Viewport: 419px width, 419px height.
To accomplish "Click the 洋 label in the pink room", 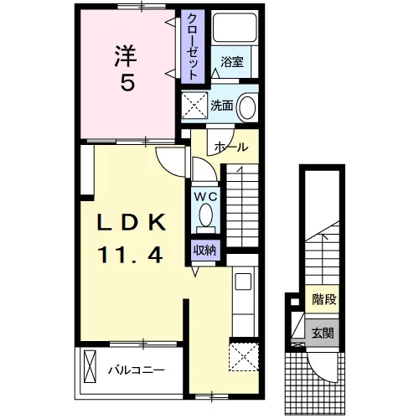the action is tap(126, 56).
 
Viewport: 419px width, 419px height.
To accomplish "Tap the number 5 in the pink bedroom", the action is tap(127, 83).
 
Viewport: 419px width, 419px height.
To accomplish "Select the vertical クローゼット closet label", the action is tap(192, 46).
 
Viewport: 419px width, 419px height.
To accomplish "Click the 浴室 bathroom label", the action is tap(232, 62).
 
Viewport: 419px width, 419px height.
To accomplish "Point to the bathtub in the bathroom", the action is tap(235, 28).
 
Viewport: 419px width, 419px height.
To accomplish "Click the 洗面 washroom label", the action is tap(221, 106).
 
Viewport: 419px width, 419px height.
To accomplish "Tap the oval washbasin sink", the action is tap(247, 107).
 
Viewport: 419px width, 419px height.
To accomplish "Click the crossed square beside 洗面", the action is tap(194, 105).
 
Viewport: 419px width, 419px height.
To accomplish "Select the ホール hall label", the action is tap(231, 147).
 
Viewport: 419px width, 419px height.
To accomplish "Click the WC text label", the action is tap(206, 197).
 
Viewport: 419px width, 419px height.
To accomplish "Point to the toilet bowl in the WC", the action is tap(206, 215).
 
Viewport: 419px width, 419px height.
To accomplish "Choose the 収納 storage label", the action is tap(205, 251).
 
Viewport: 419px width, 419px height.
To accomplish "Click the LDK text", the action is tap(132, 222).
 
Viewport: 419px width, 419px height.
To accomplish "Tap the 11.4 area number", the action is tap(130, 254).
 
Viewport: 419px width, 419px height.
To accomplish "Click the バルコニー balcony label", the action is tap(137, 370).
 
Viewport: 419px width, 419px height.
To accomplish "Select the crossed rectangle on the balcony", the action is tap(90, 366).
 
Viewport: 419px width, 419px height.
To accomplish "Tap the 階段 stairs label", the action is tap(324, 300).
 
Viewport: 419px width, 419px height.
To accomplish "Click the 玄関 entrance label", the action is tap(323, 333).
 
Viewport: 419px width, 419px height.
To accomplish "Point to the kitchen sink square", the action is tap(243, 282).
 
